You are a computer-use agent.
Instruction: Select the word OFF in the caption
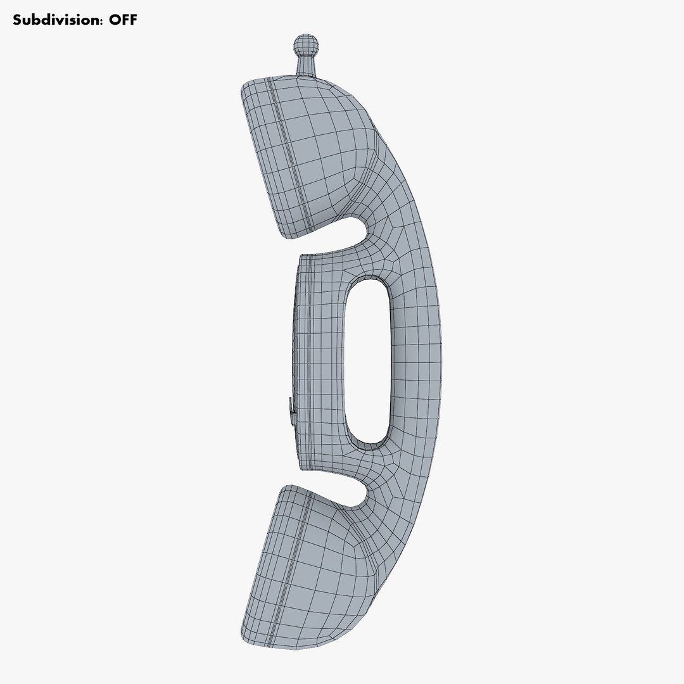(123, 20)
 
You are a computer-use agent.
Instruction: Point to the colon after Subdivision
(102, 21)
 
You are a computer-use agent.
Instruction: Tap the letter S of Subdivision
(18, 20)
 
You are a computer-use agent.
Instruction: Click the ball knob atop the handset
(306, 46)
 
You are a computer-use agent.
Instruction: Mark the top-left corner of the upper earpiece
(244, 87)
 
